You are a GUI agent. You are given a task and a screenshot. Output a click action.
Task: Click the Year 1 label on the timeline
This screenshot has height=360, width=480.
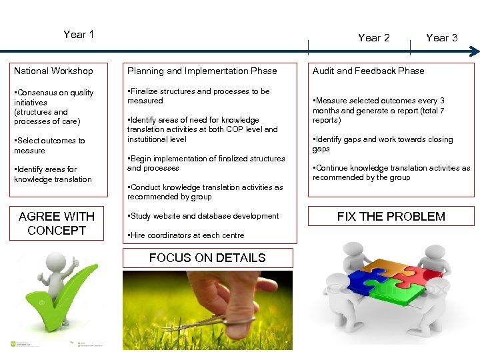point(79,35)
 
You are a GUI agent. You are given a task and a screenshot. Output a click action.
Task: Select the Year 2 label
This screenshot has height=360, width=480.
point(373,38)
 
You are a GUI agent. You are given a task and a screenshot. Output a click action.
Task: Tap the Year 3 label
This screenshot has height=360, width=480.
point(441,38)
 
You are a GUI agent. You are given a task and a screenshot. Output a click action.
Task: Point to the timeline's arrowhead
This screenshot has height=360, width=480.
point(473,51)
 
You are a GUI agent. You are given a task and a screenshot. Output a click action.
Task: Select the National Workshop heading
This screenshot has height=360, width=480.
point(53,71)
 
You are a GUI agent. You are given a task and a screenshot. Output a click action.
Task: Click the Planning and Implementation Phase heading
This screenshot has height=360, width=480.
point(202,71)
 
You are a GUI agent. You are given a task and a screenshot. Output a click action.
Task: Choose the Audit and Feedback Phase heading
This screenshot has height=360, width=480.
point(368,71)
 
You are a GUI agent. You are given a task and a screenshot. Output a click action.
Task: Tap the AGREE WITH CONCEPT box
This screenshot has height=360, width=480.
point(57,223)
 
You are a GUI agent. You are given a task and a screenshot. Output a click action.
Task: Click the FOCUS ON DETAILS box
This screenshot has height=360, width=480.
point(207,258)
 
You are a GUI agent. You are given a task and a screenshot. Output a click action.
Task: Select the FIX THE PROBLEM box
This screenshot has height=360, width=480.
point(391,217)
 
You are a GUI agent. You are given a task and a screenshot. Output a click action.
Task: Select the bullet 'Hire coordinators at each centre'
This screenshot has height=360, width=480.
point(186,235)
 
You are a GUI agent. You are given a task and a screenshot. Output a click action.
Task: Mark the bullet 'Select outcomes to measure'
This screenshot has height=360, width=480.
point(50,146)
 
